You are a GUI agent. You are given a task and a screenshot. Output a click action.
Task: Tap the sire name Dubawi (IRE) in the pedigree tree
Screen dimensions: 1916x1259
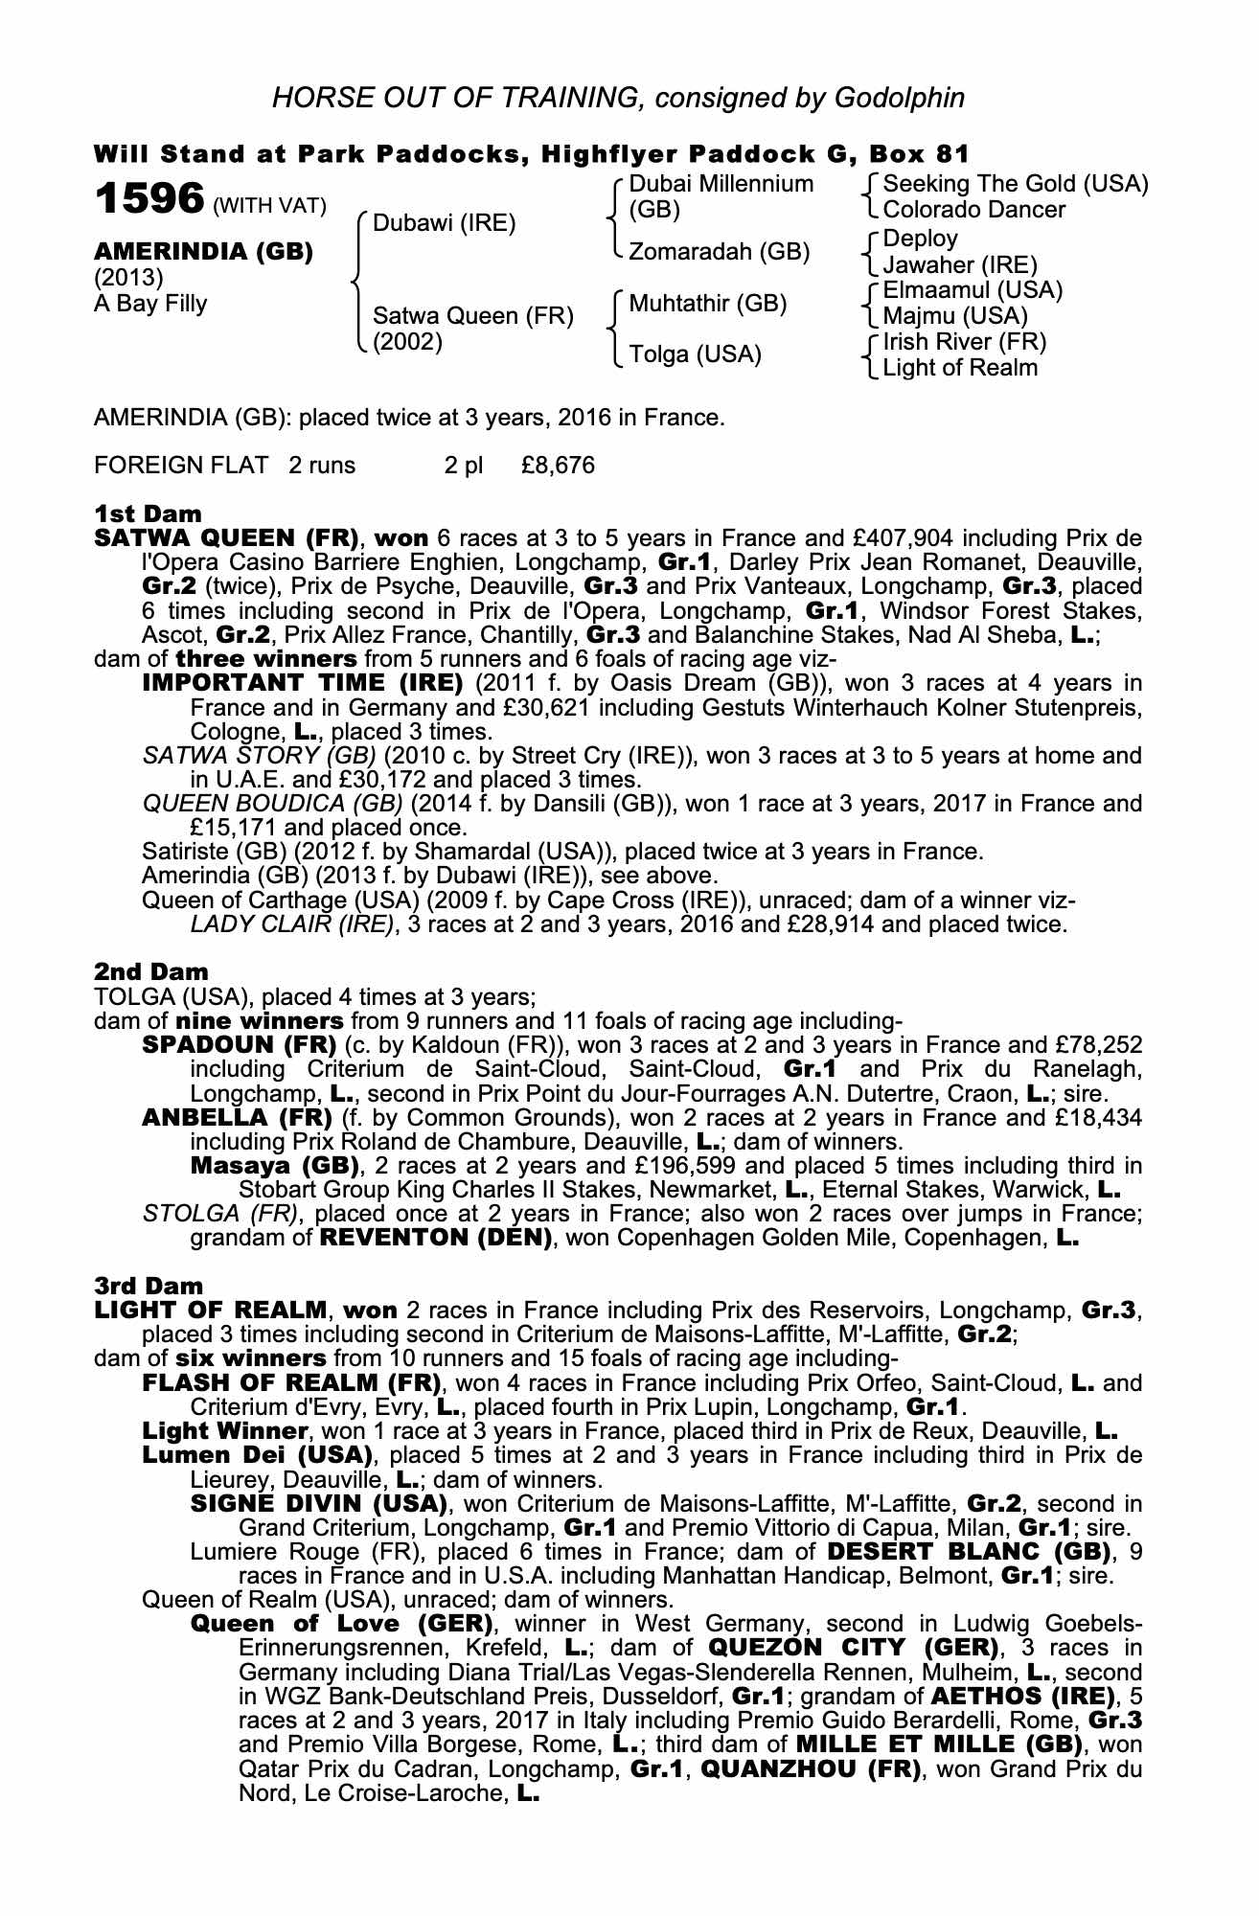click(x=444, y=223)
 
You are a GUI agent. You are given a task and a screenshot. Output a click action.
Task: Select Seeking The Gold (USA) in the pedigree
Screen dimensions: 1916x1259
click(x=1015, y=184)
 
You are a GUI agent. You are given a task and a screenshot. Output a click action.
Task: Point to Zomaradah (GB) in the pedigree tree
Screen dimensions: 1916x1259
click(x=719, y=252)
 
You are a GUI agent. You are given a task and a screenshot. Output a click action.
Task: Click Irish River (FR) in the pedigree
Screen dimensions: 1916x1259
click(x=964, y=342)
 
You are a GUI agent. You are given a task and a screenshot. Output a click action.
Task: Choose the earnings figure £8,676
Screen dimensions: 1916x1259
click(x=559, y=466)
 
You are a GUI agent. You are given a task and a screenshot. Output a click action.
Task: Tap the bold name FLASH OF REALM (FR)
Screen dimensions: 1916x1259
click(x=290, y=1383)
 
